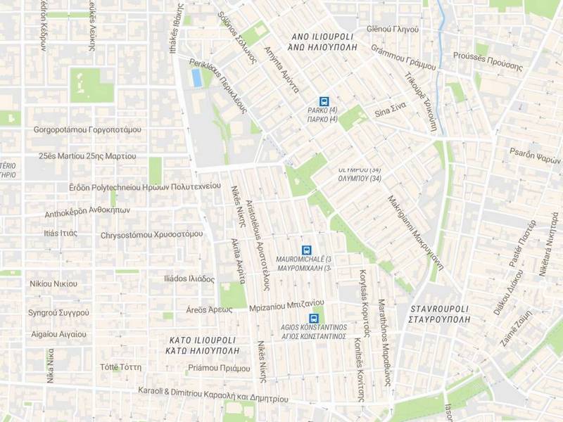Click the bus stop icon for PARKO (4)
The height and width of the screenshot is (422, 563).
[324, 101]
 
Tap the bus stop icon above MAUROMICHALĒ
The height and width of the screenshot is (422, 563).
[306, 250]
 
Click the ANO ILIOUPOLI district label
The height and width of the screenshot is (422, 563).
[324, 41]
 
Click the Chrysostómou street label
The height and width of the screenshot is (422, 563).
[151, 234]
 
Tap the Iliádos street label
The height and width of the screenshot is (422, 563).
[189, 279]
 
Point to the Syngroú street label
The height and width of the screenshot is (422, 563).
[58, 312]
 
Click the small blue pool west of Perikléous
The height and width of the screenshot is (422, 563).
[197, 77]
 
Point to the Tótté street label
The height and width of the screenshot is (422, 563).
[120, 367]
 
